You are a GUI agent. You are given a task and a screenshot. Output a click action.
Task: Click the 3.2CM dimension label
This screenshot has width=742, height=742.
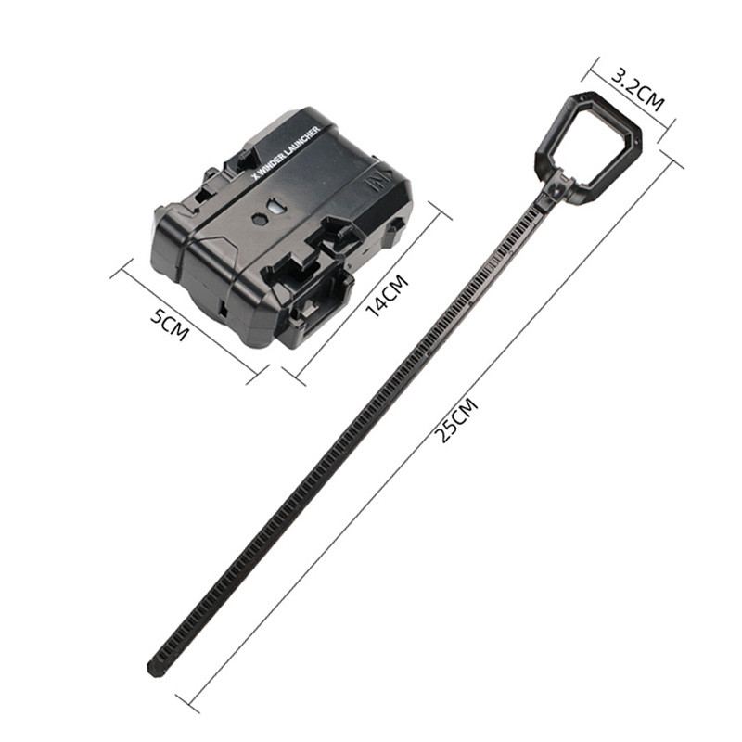[637, 90]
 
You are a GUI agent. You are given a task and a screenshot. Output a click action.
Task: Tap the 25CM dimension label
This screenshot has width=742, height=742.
[456, 420]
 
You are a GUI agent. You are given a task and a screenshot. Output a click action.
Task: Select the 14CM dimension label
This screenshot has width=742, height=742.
[387, 296]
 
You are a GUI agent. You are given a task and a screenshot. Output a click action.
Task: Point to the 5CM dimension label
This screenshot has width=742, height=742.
[170, 324]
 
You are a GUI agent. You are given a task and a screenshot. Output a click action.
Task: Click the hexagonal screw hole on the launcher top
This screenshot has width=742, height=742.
[260, 219]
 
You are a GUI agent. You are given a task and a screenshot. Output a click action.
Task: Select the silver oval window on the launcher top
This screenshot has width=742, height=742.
[275, 206]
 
